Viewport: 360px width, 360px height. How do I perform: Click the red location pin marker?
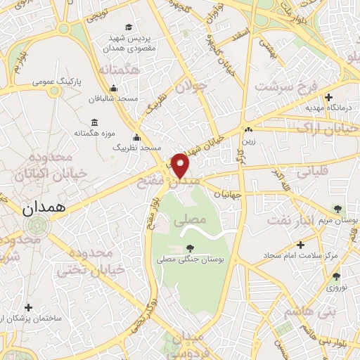pos(181,166)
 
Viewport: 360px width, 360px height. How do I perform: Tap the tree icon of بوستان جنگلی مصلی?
pos(190,247)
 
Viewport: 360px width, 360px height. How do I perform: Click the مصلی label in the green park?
pos(194,219)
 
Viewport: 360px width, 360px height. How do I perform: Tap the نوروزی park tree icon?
pos(336,276)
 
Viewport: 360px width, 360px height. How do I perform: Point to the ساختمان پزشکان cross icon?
pos(28,307)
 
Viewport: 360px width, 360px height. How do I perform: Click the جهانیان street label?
pos(227,193)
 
